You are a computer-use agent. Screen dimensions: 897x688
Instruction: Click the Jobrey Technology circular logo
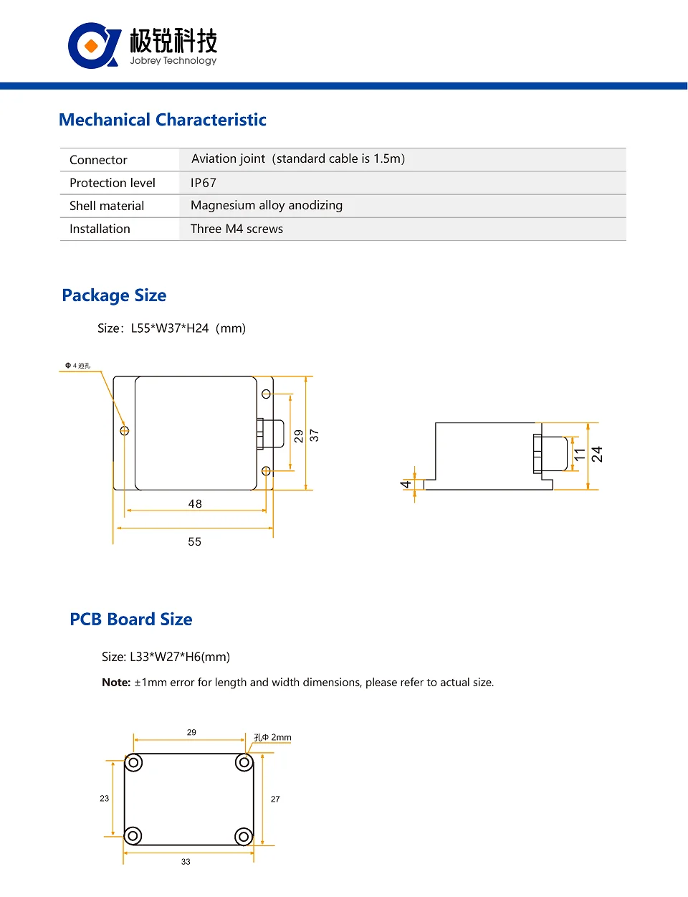[93, 46]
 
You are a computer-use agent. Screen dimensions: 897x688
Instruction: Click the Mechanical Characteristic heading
[163, 120]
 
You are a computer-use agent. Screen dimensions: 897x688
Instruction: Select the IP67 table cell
[204, 183]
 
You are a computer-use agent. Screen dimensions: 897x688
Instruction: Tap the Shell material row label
[107, 206]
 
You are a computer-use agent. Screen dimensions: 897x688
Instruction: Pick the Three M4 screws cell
[236, 229]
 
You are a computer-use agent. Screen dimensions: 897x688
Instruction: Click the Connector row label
[98, 160]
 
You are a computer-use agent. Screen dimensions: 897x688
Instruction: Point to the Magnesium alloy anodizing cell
[267, 206]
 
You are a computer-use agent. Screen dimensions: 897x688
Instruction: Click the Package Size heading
[114, 295]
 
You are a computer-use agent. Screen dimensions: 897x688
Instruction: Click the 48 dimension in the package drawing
[195, 504]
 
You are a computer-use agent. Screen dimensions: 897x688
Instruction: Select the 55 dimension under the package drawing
[194, 541]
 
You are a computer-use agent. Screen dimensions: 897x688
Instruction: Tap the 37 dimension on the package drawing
[314, 435]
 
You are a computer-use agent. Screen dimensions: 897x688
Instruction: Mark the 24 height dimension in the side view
[596, 455]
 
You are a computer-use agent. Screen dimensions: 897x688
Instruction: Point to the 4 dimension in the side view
[406, 484]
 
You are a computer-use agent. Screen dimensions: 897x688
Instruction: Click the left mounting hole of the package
[125, 431]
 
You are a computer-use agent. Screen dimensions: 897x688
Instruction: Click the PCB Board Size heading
[131, 620]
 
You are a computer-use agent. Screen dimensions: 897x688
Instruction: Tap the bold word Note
[116, 683]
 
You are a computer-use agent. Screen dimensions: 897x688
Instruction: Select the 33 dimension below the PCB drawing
[186, 862]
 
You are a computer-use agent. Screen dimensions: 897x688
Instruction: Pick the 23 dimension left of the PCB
[105, 798]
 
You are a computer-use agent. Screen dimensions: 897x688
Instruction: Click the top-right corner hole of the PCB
[244, 763]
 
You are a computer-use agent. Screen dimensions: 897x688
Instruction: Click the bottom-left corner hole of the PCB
[133, 835]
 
